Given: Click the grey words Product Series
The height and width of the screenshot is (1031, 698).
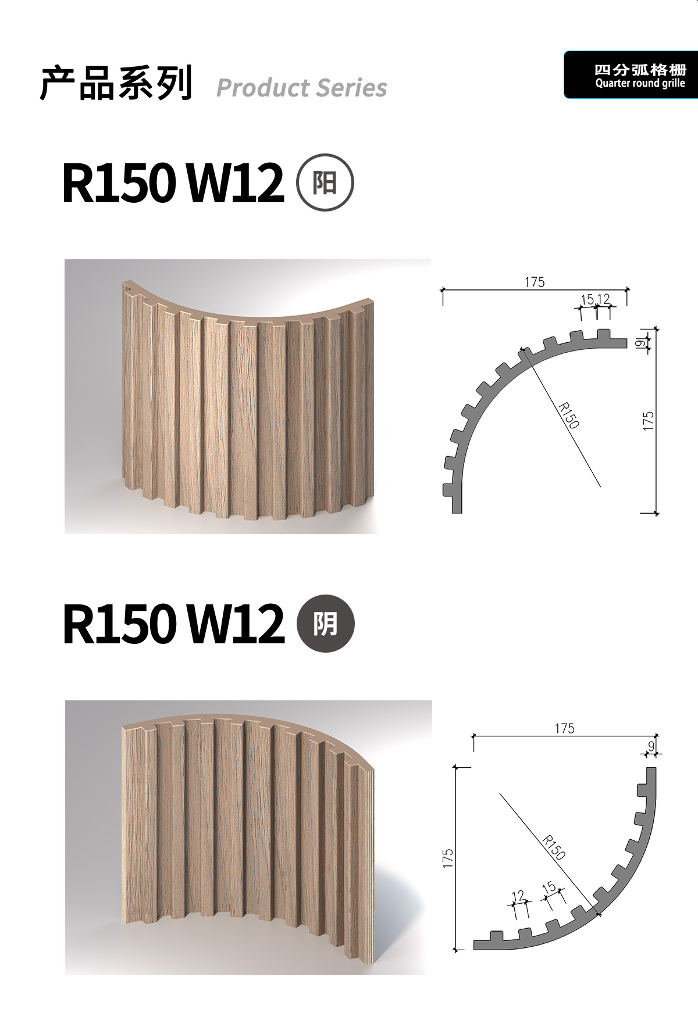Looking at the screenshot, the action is click(x=301, y=88).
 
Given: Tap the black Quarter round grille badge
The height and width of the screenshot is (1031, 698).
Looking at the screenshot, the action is click(x=631, y=74).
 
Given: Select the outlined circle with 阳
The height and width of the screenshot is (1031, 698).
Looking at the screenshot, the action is click(x=325, y=182).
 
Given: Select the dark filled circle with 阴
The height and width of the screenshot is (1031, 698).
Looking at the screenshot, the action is click(x=325, y=624).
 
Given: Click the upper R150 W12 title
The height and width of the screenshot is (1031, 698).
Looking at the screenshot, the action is click(x=173, y=182).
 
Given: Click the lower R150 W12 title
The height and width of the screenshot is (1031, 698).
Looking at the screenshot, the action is click(x=173, y=624).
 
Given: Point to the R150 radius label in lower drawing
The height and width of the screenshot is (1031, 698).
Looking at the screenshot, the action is click(x=553, y=847).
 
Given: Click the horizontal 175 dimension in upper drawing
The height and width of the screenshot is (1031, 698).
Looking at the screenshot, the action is click(x=535, y=282).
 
